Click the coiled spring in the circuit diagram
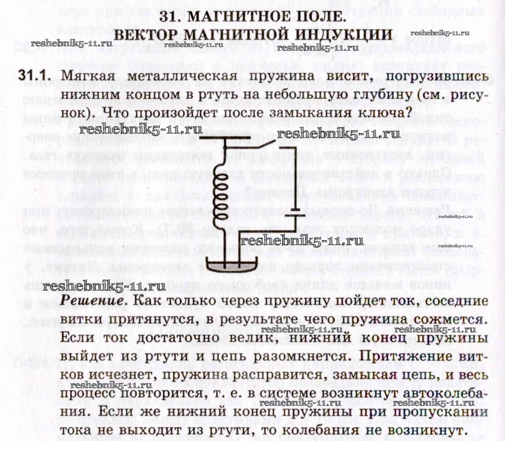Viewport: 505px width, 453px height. pos(222,194)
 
